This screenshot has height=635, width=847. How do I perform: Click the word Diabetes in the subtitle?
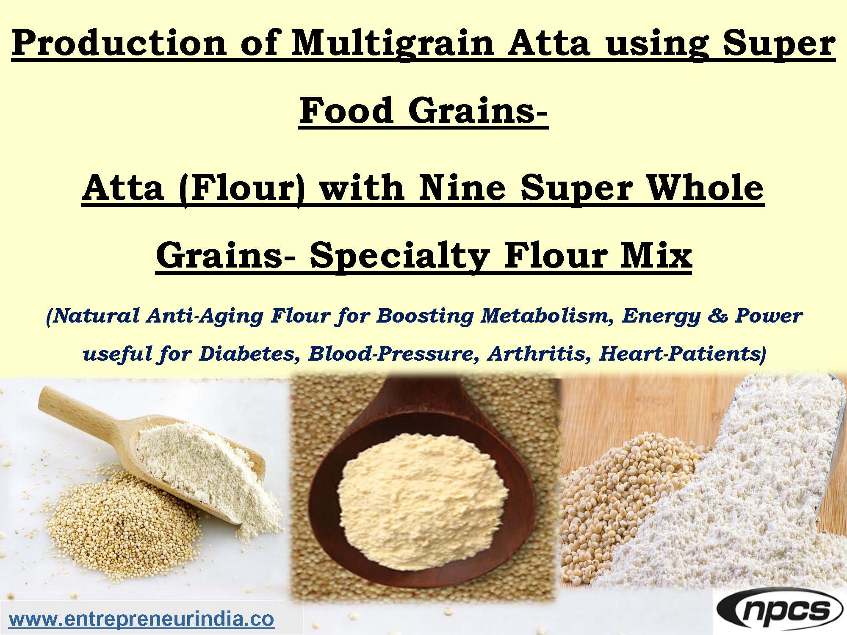pyautogui.click(x=246, y=353)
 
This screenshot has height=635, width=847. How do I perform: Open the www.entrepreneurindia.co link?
pyautogui.click(x=141, y=619)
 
